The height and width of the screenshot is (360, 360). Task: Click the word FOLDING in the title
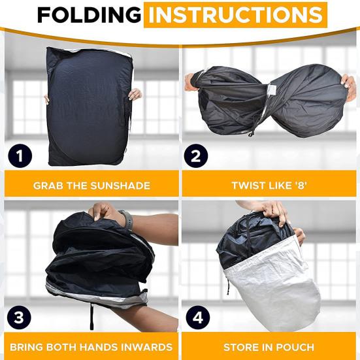click(x=90, y=14)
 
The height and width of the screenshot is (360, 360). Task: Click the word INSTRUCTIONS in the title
click(x=235, y=14)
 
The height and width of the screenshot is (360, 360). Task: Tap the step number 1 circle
click(x=20, y=155)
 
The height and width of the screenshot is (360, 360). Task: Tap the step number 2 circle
click(x=196, y=155)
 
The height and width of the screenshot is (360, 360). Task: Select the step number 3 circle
click(x=19, y=317)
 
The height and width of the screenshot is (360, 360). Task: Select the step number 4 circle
click(x=198, y=318)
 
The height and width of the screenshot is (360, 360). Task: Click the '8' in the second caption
click(x=301, y=186)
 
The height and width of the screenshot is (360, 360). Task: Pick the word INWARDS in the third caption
click(x=147, y=347)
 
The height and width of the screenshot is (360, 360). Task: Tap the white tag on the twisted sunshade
click(x=271, y=89)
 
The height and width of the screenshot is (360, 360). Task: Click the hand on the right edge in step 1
click(x=135, y=95)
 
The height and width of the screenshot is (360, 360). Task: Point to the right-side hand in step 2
click(x=348, y=88)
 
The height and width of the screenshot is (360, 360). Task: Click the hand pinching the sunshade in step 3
click(x=105, y=212)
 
